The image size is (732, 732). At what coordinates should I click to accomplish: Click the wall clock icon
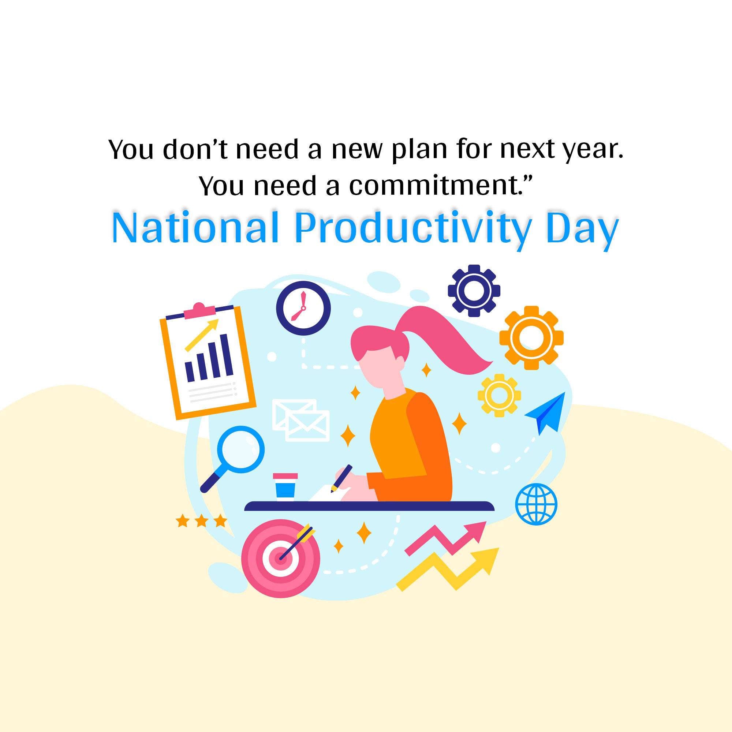point(303,308)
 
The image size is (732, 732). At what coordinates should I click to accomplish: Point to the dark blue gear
point(474,291)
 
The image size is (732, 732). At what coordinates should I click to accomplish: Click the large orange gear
point(531,337)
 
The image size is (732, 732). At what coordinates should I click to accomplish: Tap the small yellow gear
point(499,396)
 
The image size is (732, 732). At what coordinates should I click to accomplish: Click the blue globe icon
point(536,504)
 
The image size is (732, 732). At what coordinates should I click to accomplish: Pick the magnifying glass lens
point(240,449)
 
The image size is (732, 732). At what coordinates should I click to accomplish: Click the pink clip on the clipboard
point(200,311)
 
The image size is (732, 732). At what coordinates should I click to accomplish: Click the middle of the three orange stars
point(202,521)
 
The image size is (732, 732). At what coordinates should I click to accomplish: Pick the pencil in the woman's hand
point(341,478)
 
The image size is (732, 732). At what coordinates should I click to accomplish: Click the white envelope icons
point(301,420)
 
